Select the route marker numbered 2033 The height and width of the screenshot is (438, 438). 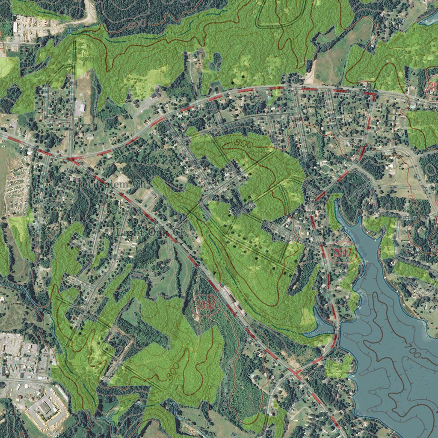tap(206, 305)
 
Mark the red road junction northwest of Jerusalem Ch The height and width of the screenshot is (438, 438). tap(73, 160)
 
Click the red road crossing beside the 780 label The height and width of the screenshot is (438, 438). tap(296, 373)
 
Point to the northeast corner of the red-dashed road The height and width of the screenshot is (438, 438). tap(375, 94)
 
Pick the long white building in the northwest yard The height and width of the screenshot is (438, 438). tap(15, 27)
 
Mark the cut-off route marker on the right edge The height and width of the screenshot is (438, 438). tap(433, 86)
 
